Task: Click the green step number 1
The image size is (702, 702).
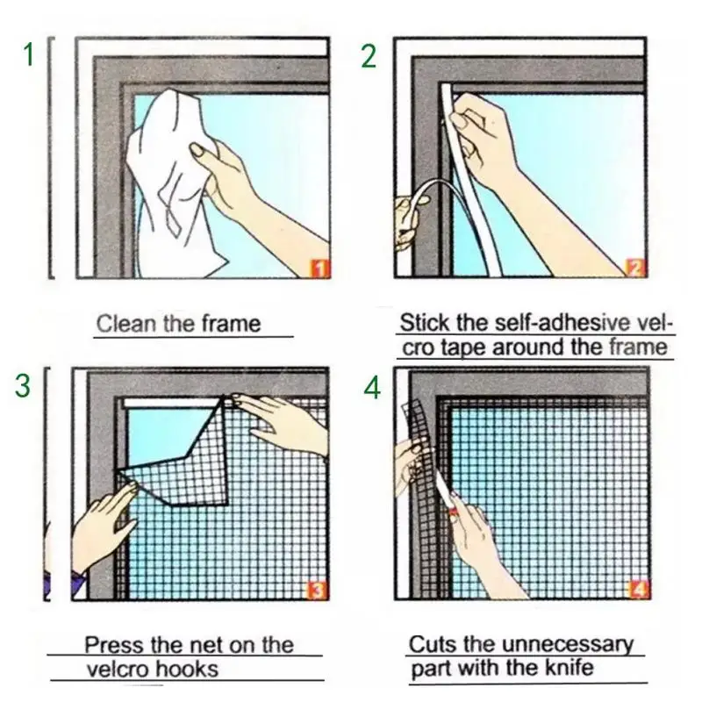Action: click(28, 54)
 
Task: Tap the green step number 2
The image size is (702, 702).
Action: click(369, 54)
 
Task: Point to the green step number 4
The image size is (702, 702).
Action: click(373, 387)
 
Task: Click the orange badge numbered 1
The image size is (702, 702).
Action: click(320, 268)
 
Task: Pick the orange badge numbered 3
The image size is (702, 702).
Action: click(318, 589)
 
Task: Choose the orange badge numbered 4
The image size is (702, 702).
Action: click(640, 589)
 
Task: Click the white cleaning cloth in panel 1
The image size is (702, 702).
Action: click(167, 175)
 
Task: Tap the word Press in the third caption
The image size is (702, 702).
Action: click(112, 645)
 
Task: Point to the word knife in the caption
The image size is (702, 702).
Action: click(568, 668)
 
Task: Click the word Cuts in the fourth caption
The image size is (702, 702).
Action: click(432, 644)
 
